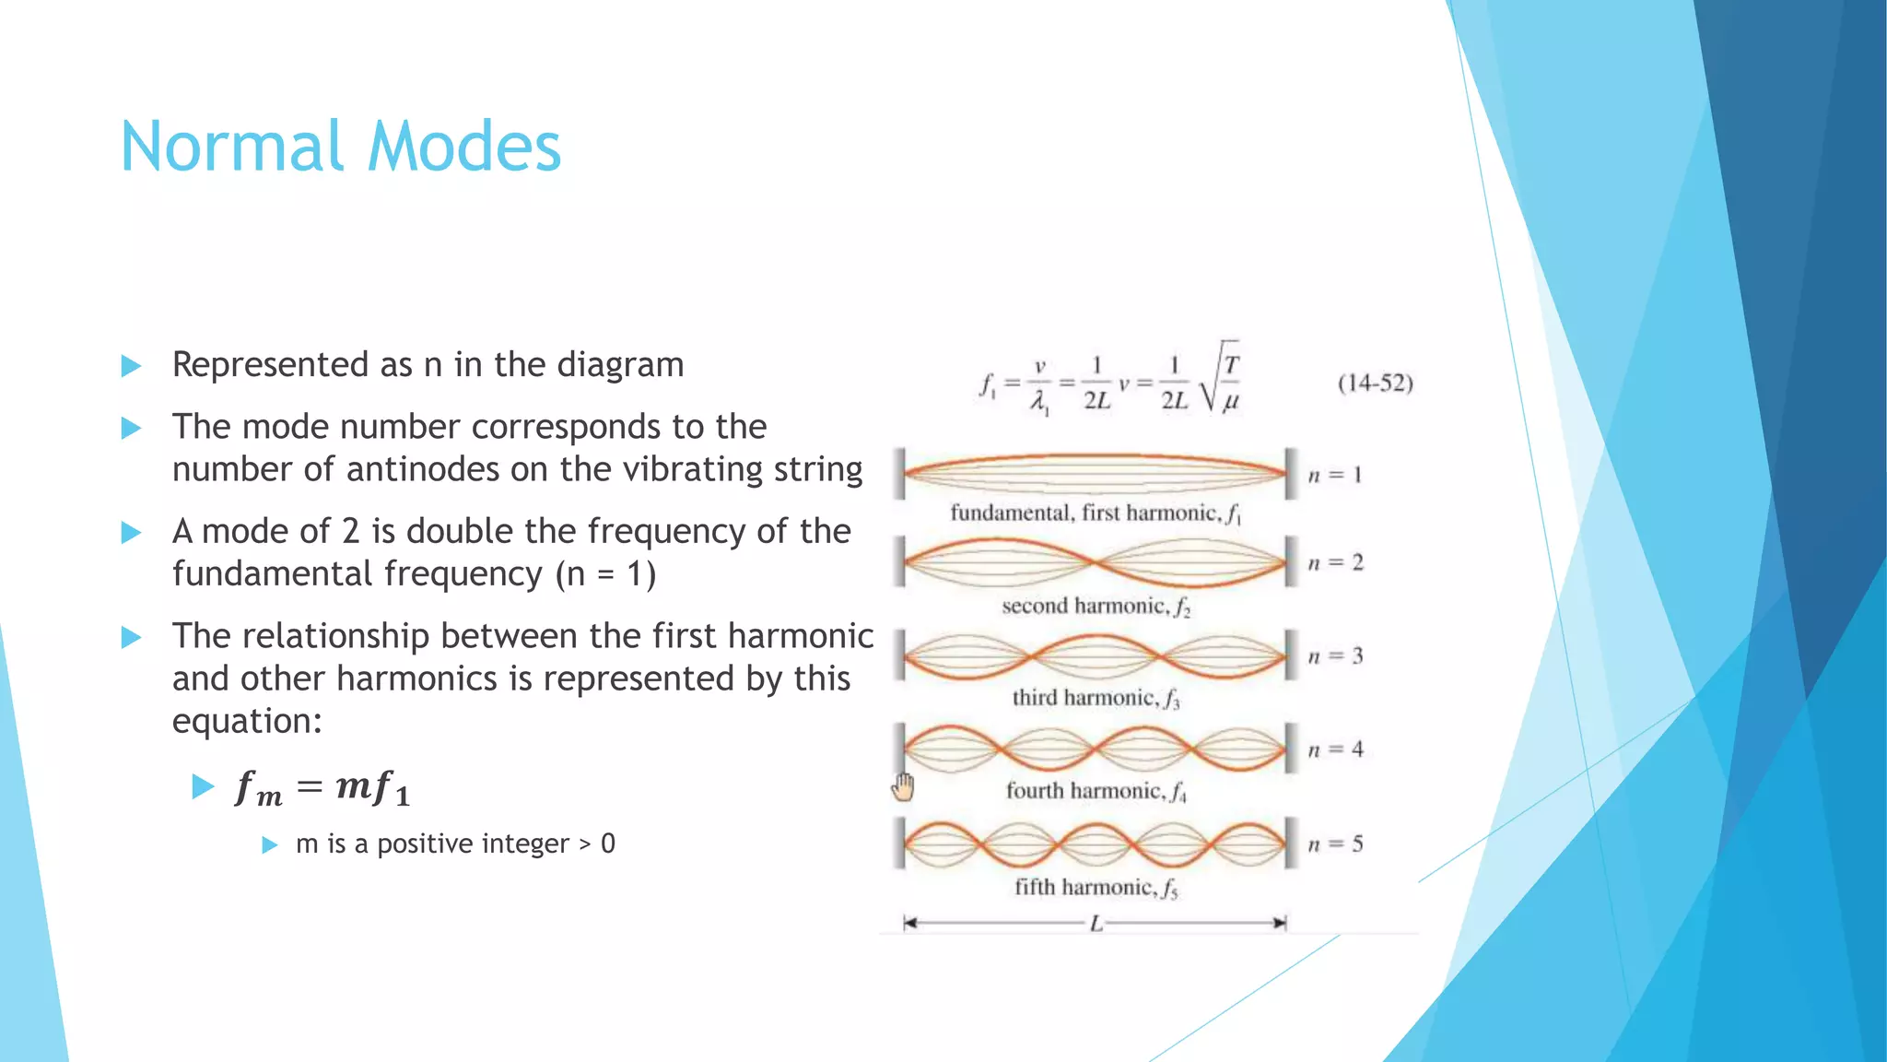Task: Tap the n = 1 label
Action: pyautogui.click(x=1335, y=476)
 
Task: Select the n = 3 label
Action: pyautogui.click(x=1335, y=656)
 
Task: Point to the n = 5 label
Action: pyautogui.click(x=1335, y=844)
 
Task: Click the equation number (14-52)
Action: pyautogui.click(x=1375, y=383)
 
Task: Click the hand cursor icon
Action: pyautogui.click(x=903, y=787)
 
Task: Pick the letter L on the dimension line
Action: pyautogui.click(x=1096, y=924)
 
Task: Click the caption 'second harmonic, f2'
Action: pyautogui.click(x=1096, y=607)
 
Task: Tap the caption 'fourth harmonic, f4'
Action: pyautogui.click(x=1096, y=791)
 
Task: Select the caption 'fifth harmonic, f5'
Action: pyautogui.click(x=1096, y=888)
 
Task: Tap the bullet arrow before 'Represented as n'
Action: pyautogui.click(x=131, y=366)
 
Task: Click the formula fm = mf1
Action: pyautogui.click(x=322, y=788)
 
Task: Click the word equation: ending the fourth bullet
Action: pyautogui.click(x=247, y=721)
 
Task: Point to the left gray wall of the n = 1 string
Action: pyautogui.click(x=899, y=474)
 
